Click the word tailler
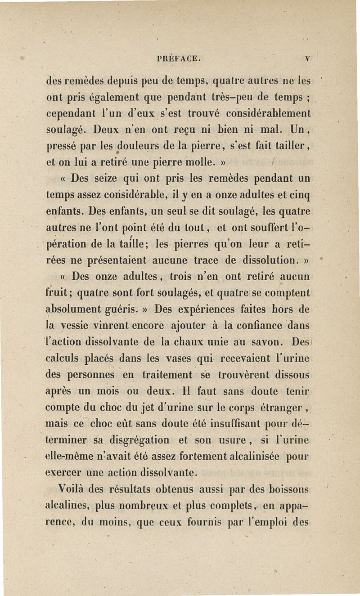pos(291,147)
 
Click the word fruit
pos(59,294)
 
